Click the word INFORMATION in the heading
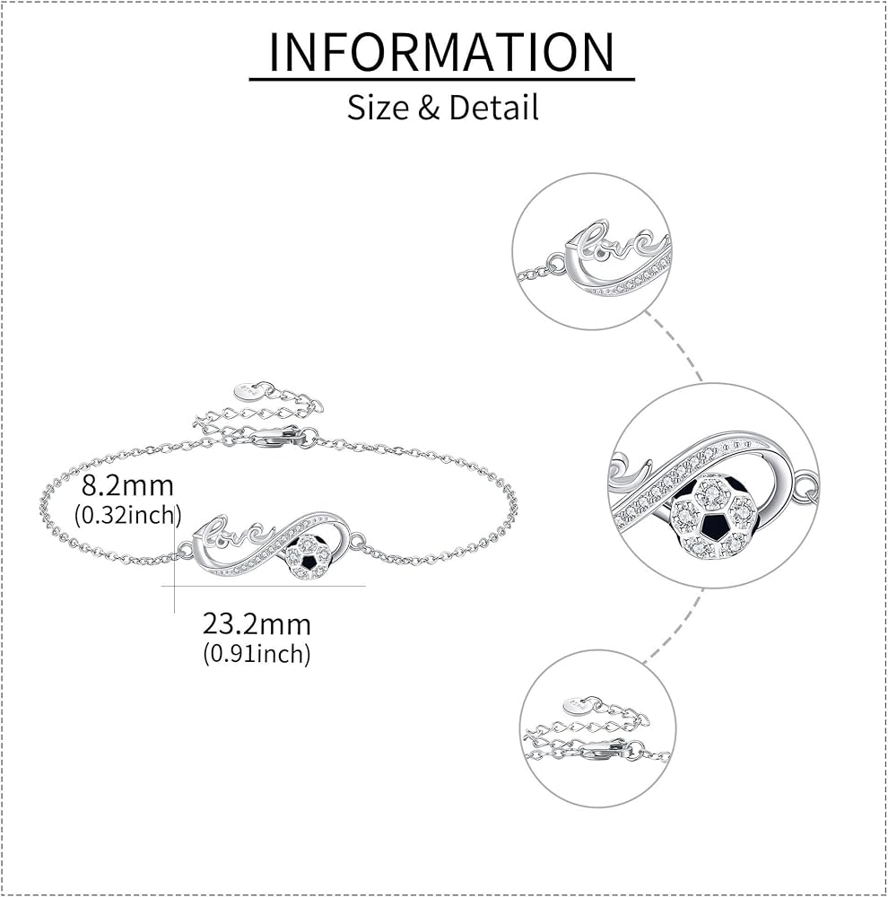[x=442, y=52]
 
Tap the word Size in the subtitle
[x=376, y=108]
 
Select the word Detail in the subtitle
[x=493, y=108]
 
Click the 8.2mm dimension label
[x=126, y=487]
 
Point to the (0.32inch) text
[x=128, y=515]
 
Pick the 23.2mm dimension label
[x=257, y=623]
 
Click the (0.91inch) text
[x=257, y=653]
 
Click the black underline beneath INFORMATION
[x=442, y=80]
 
